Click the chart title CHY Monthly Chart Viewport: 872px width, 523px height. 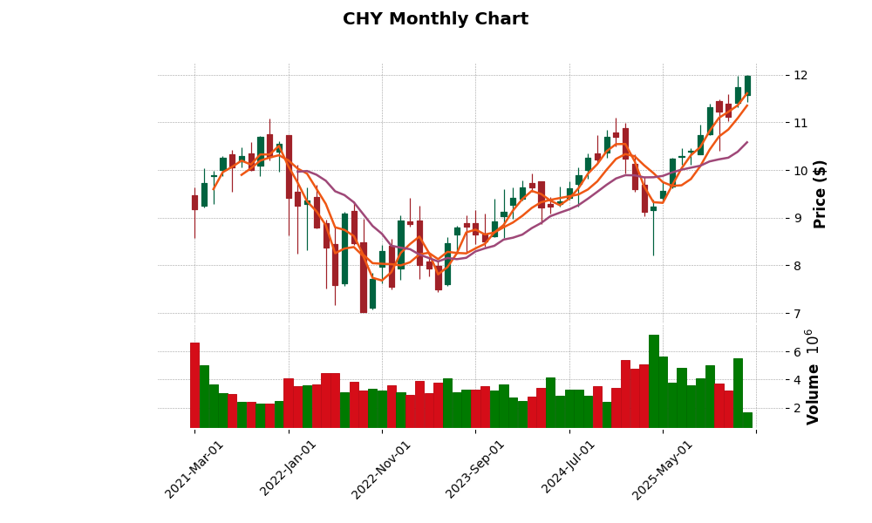435,19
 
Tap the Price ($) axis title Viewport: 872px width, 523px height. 820,194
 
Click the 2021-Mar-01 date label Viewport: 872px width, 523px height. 195,469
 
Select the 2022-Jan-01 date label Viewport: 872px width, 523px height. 289,469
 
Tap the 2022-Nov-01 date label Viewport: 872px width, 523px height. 381,469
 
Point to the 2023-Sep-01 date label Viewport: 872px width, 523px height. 475,469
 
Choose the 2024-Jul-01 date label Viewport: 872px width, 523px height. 569,469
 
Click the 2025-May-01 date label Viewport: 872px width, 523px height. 662,469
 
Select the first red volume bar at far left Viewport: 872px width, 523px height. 194,385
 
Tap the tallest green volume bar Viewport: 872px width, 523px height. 654,381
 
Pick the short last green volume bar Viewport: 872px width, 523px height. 747,420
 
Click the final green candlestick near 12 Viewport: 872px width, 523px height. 747,85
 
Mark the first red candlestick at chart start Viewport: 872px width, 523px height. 194,202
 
